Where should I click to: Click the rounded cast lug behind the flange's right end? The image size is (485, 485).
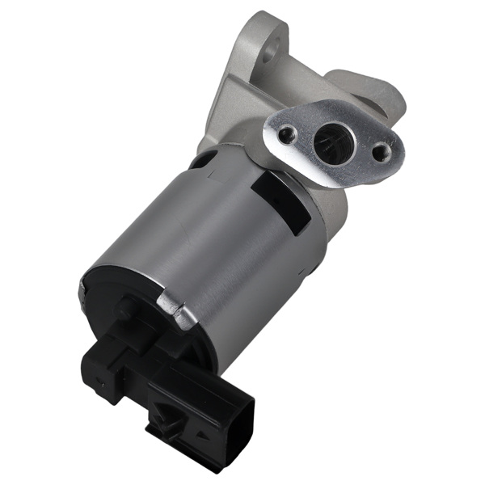tap(388, 97)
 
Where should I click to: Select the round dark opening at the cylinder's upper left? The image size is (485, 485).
tap(203, 162)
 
